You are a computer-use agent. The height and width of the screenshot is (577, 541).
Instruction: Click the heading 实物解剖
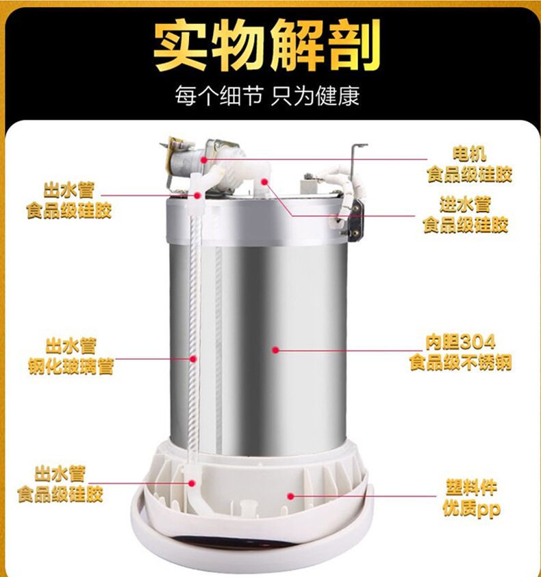[267, 45]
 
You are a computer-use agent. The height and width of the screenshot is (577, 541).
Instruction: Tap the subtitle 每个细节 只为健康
[267, 96]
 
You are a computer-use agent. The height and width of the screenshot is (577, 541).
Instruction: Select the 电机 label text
[470, 154]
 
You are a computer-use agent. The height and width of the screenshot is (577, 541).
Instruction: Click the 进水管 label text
[465, 204]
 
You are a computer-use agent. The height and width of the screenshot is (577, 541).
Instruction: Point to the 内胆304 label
[460, 342]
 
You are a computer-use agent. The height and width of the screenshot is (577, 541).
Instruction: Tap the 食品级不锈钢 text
[460, 363]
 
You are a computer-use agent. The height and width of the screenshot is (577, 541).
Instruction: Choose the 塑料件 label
[471, 488]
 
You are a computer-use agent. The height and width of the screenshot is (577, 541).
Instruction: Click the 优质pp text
[471, 509]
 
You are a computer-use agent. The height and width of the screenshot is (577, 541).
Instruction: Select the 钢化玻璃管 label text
[71, 366]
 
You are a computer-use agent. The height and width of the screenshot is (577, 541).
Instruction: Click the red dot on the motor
[204, 160]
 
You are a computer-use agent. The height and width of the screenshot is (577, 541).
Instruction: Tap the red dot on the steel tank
[275, 350]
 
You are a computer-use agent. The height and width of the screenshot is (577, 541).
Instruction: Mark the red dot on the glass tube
[193, 358]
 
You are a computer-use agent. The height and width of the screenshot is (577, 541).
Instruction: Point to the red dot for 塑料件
[290, 496]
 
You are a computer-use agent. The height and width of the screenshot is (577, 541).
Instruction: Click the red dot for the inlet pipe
[264, 181]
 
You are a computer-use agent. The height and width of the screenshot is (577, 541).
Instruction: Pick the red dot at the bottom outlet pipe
[192, 483]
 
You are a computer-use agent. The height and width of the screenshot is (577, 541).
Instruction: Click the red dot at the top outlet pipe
[197, 195]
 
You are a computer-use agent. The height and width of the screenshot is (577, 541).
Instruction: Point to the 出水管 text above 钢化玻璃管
[71, 346]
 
